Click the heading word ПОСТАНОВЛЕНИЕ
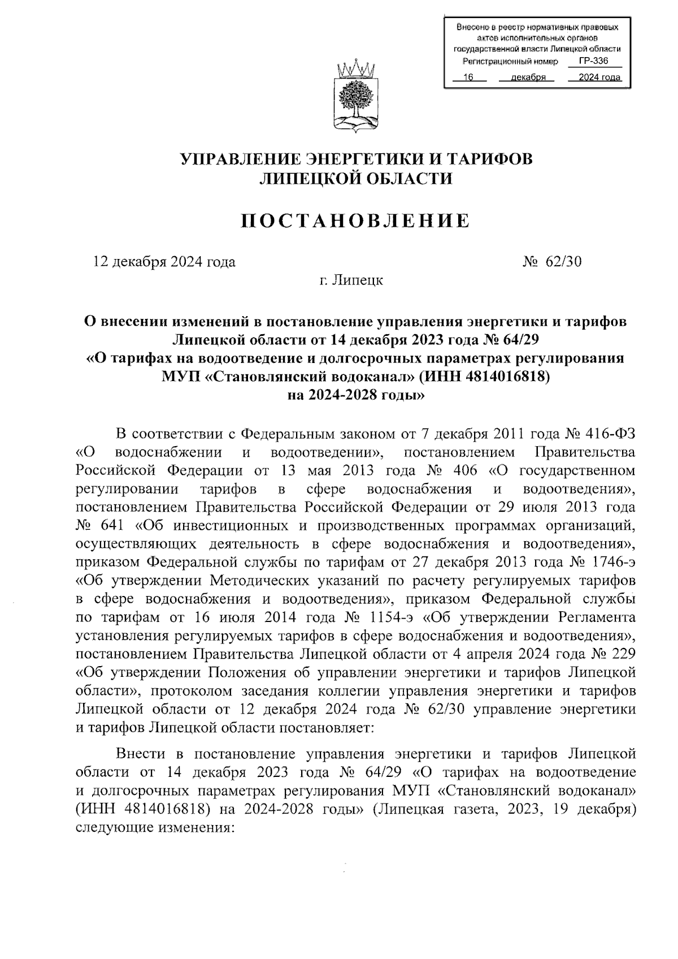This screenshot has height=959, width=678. tap(356, 221)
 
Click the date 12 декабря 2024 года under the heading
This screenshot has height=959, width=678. tap(164, 262)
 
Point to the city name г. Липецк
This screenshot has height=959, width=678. tap(350, 280)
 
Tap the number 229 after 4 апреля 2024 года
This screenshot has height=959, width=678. tap(624, 654)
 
